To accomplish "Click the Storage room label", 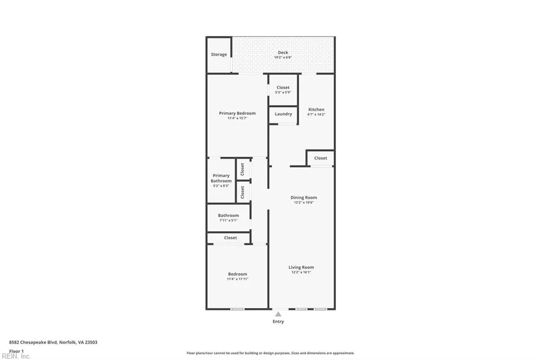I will (x=219, y=54).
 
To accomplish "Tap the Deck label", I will (x=283, y=52).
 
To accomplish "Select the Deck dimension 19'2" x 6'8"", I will (x=283, y=58).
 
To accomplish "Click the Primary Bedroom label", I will (x=237, y=113).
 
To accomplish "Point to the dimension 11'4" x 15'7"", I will (x=237, y=118).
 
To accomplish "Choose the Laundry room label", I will (x=283, y=114).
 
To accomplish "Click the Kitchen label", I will (x=316, y=109).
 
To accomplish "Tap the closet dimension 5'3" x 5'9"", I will (x=283, y=92).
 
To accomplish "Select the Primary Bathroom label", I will (x=221, y=178).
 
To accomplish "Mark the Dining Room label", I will (x=304, y=197).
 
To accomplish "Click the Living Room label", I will (x=301, y=267).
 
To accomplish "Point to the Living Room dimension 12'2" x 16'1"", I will (x=301, y=272).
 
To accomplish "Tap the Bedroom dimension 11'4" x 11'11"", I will (x=237, y=279).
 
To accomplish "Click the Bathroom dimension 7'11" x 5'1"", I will (x=228, y=220).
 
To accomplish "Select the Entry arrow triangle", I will (x=278, y=314).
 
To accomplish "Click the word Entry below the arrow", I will (x=278, y=321).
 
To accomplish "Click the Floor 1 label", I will (x=16, y=350).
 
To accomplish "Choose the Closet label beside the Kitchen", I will (x=320, y=158).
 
